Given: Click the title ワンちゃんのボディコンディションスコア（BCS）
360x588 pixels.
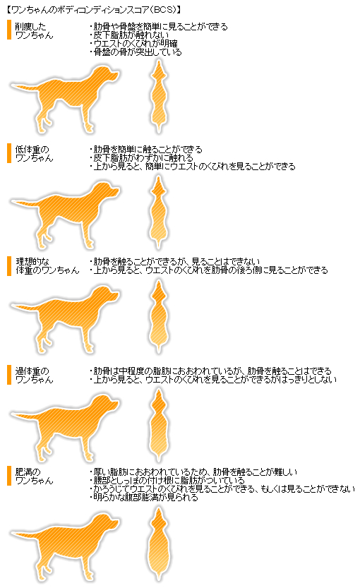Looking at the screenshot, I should [92, 8].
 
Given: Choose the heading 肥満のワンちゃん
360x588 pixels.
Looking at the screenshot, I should [34, 476].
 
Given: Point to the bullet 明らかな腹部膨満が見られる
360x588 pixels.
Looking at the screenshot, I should [145, 498].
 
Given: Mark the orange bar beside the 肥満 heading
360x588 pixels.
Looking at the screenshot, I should [9, 476].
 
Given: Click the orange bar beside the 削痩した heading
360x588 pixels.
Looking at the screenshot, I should [9, 30].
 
